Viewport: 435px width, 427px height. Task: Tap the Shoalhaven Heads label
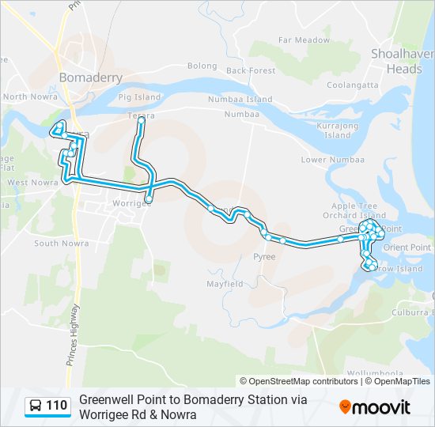pos(402,61)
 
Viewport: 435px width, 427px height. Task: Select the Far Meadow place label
pos(304,40)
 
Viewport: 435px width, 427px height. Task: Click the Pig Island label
pos(139,97)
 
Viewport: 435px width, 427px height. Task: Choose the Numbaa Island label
pos(240,100)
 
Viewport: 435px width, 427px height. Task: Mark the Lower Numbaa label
pos(324,160)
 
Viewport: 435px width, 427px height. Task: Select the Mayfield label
pos(225,283)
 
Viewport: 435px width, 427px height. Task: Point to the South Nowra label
pos(56,244)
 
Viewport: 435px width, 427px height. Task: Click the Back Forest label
pos(251,70)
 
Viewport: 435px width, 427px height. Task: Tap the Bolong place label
pos(202,66)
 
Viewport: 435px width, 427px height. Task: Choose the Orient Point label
pos(407,248)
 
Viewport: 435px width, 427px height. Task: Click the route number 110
pos(56,406)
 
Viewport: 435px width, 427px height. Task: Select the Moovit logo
pos(375,407)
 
